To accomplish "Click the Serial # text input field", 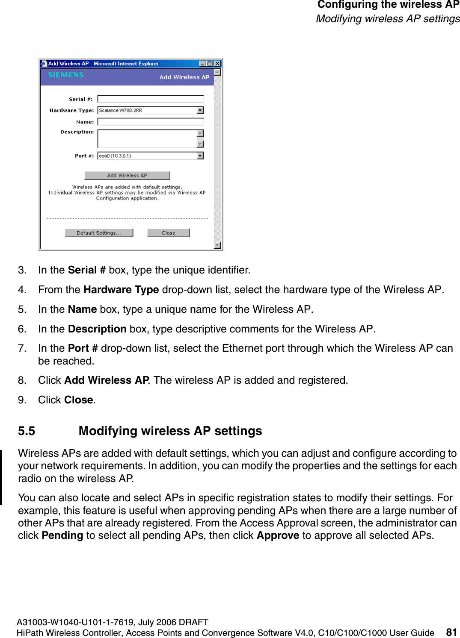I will point(150,99).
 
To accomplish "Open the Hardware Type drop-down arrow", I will point(200,110).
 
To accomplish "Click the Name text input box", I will point(150,122).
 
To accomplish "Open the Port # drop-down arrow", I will point(200,156).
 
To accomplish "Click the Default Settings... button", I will point(99,233).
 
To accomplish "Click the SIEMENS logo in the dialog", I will point(65,75).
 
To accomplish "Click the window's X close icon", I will point(217,64).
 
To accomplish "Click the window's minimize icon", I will point(202,64).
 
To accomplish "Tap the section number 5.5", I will point(27,431).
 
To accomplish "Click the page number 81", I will point(451,632).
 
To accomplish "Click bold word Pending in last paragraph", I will point(62,535).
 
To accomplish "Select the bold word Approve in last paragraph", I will point(278,535).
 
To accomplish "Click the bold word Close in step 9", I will point(79,400).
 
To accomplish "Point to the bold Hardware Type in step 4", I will point(121,290).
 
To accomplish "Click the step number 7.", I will point(22,348).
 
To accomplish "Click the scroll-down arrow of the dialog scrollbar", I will point(217,245).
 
